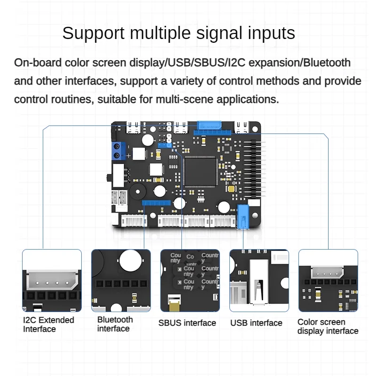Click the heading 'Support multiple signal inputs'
179,33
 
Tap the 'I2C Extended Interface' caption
48,324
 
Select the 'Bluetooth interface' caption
115,324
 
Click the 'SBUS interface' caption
187,323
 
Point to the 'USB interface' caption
256,323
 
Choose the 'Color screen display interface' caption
328,326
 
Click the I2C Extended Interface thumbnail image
52,280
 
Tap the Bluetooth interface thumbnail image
121,280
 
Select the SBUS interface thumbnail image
190,280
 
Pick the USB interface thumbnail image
259,280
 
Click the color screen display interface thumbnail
328,280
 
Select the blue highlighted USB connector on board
243,217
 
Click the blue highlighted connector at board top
210,125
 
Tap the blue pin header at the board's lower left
156,204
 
